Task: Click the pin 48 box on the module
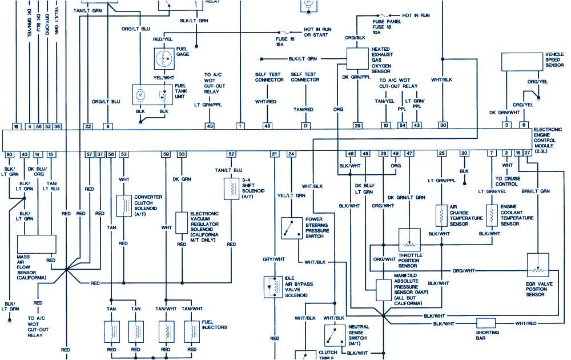267,125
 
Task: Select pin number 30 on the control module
443,125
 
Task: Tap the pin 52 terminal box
231,154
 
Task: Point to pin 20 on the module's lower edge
464,154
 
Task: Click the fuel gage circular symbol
164,58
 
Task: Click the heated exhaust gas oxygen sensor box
357,58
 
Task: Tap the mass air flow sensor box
37,244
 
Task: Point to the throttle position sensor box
409,238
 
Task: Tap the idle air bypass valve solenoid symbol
271,286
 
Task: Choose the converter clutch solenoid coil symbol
123,206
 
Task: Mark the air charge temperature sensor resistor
441,216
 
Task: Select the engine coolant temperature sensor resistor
490,215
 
